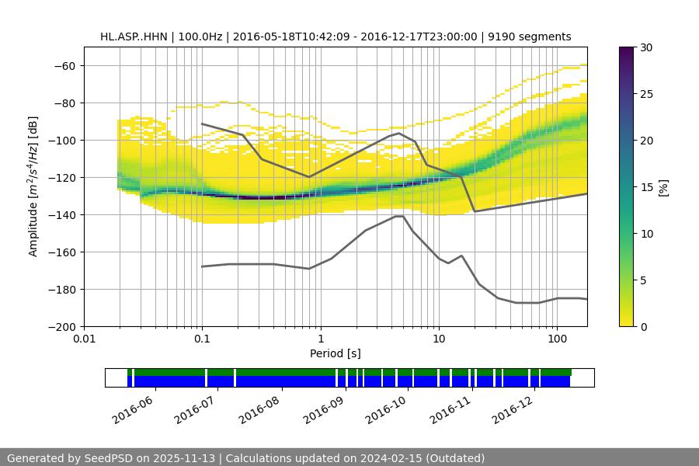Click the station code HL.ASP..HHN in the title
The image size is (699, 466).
(135, 37)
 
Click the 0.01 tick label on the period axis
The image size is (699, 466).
(84, 339)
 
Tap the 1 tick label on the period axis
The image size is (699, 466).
(320, 339)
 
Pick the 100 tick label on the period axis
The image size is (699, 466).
(556, 339)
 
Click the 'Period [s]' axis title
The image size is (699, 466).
(336, 353)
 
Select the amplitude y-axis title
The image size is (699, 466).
(33, 186)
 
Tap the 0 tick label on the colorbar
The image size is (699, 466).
(644, 326)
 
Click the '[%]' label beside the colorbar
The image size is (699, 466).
(663, 186)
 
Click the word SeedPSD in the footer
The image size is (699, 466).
(108, 458)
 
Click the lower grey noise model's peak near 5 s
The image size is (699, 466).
(398, 216)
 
